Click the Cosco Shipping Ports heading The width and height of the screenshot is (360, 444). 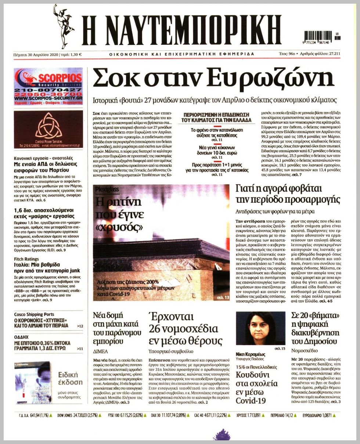34,314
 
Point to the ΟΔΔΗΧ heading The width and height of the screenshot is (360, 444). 21,337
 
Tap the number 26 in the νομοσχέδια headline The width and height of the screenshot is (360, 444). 156,328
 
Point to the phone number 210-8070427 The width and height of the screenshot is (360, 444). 48,90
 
